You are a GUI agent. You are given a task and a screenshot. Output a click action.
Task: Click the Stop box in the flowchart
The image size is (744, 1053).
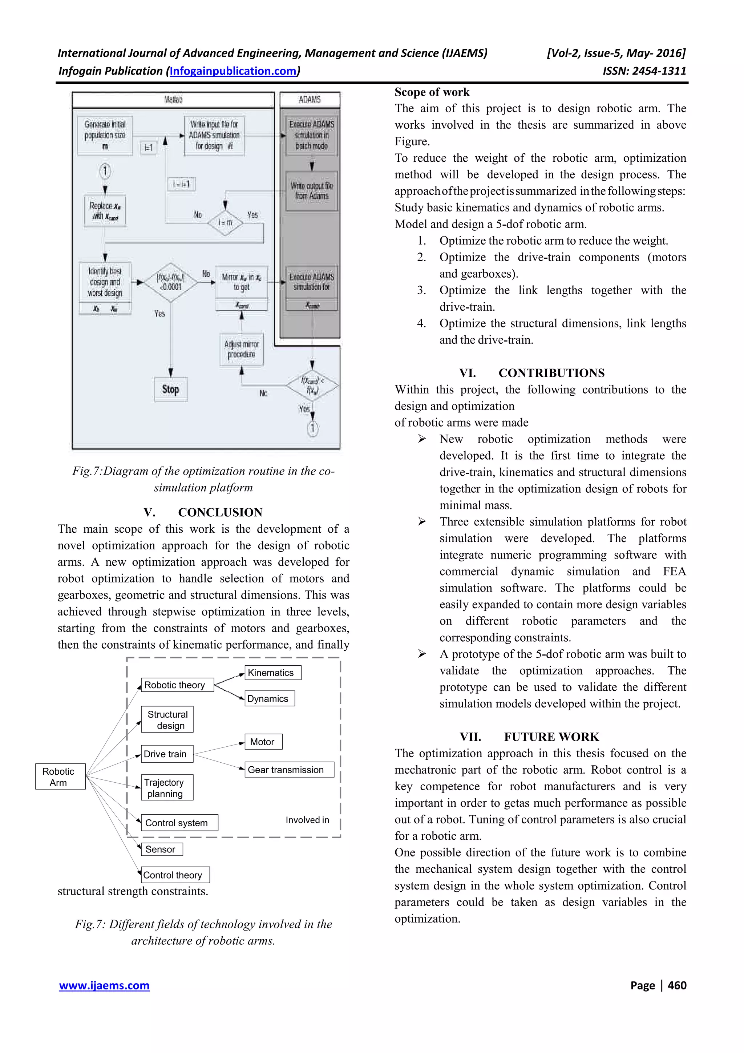(170, 390)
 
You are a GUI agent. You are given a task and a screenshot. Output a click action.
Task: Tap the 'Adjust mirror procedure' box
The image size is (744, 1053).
(242, 350)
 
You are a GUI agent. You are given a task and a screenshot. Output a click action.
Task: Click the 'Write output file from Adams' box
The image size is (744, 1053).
(312, 191)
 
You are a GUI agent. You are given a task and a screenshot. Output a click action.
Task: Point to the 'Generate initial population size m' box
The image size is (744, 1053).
(105, 135)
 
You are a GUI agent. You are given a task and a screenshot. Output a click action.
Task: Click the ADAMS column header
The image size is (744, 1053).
(310, 100)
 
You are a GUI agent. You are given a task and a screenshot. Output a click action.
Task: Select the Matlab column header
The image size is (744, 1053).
(173, 100)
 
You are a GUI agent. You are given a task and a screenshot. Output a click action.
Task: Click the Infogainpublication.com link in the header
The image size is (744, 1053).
(233, 71)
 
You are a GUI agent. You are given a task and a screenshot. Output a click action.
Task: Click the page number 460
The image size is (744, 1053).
(677, 985)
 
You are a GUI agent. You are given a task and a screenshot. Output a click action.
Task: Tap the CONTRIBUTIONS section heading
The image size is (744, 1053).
(551, 373)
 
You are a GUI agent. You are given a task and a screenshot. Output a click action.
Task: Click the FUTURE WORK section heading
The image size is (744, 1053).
(551, 737)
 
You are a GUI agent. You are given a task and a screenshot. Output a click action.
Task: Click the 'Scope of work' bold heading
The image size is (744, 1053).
(432, 92)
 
